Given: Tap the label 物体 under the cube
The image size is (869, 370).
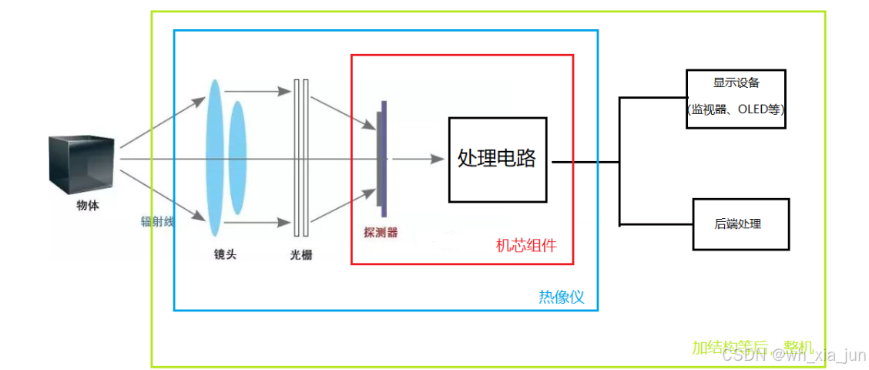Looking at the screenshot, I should (x=87, y=206).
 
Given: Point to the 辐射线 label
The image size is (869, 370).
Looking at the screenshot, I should (x=157, y=221).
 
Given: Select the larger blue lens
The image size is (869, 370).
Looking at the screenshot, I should (x=213, y=157).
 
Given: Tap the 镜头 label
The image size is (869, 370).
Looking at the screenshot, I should (x=225, y=254).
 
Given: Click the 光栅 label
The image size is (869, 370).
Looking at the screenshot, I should (x=301, y=255).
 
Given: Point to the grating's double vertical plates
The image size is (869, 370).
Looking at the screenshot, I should (x=301, y=158).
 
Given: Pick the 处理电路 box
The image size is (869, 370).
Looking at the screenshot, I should (x=497, y=160).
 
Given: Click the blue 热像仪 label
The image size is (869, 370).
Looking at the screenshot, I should (x=561, y=297).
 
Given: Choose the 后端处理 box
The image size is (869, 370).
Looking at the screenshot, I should (x=740, y=224).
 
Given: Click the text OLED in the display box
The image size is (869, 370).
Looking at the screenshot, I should (x=753, y=109).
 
